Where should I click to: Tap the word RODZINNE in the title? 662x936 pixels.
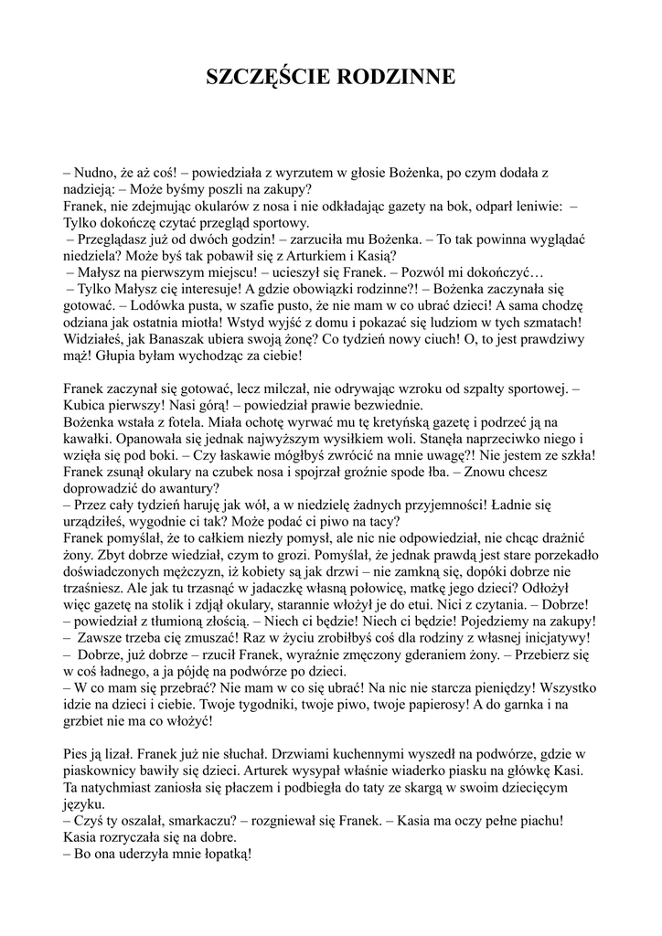396,77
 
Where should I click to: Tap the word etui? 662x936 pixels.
441,604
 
